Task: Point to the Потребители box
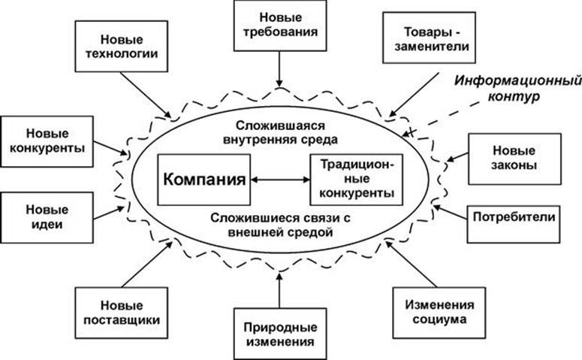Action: click(x=514, y=218)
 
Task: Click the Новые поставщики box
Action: click(x=121, y=312)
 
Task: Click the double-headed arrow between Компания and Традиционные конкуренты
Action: click(x=279, y=180)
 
